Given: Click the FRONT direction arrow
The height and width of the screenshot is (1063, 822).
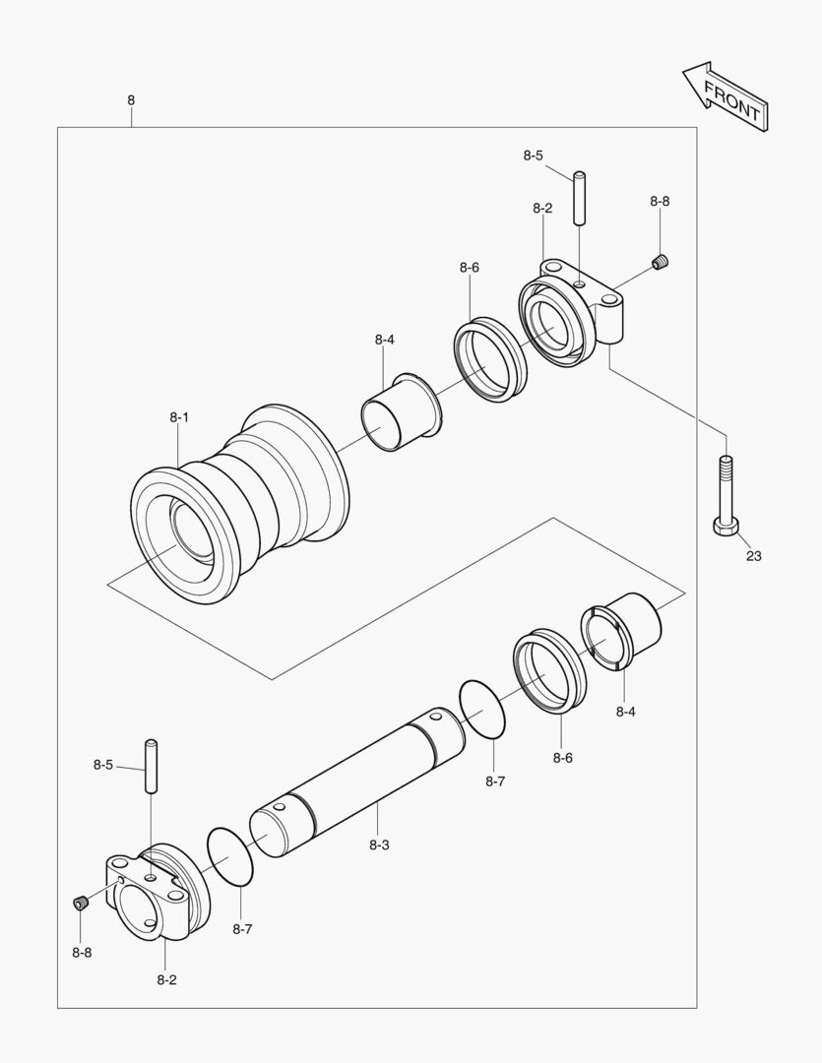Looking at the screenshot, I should (x=725, y=97).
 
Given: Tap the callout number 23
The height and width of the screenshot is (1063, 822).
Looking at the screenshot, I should (x=753, y=556).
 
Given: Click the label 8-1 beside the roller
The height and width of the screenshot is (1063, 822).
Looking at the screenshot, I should (x=178, y=417).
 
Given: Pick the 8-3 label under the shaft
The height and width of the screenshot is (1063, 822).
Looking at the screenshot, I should (x=379, y=844).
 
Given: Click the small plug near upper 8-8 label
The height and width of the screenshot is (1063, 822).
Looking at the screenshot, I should (x=662, y=262).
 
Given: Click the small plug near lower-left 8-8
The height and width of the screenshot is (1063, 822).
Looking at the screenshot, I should (x=82, y=902).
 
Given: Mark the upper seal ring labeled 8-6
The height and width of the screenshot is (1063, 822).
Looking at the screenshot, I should (x=490, y=359).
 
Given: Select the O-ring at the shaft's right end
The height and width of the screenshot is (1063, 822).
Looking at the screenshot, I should (x=484, y=709).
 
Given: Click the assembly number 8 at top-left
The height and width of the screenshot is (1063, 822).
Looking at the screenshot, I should (x=131, y=99).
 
